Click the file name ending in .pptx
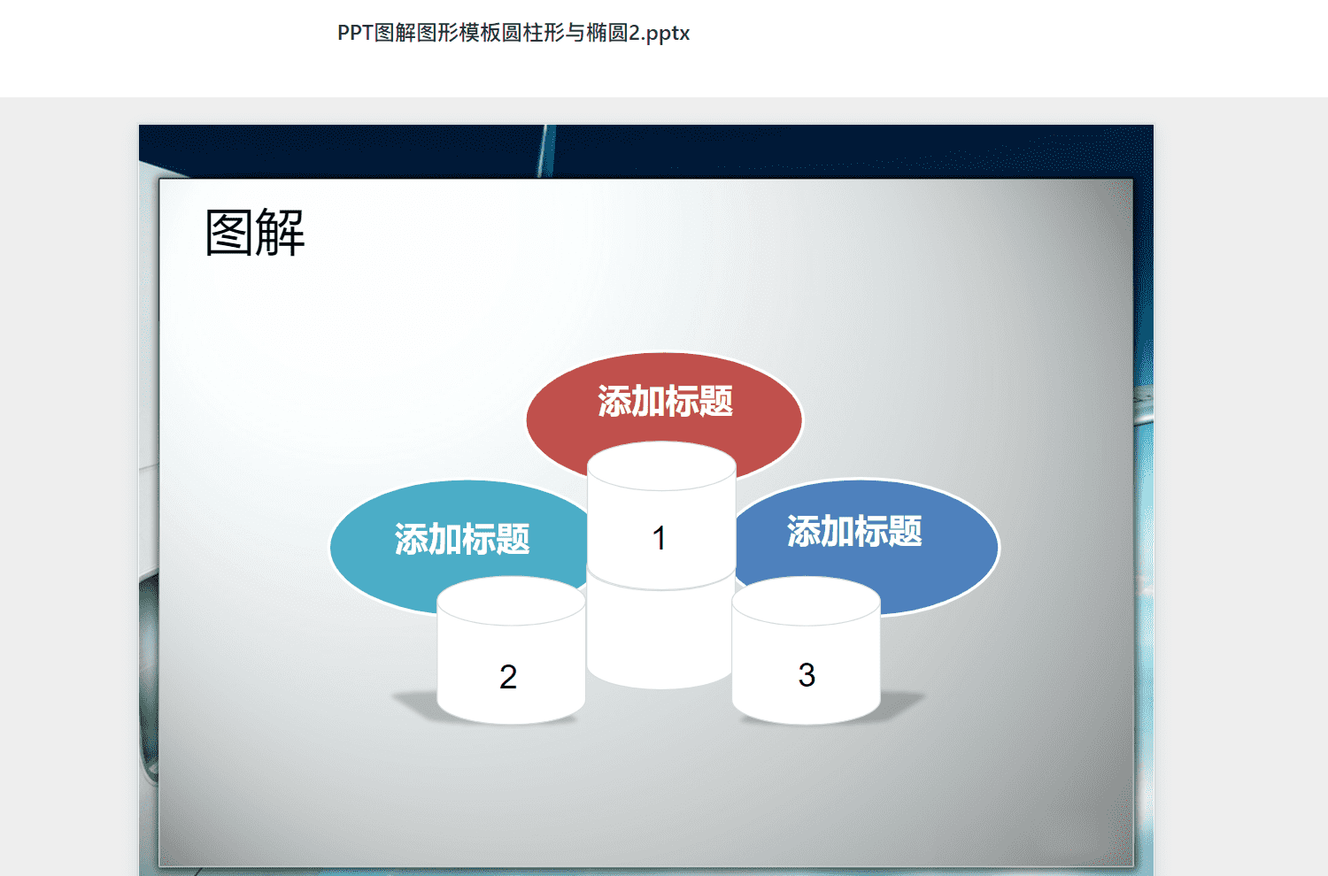tap(513, 33)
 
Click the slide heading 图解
tap(255, 233)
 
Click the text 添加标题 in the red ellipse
tap(665, 401)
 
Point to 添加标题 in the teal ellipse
tap(462, 540)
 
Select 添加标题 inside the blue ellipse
tap(854, 531)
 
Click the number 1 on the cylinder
tap(659, 538)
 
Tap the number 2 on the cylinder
tap(508, 677)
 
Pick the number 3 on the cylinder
tap(807, 675)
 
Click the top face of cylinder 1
tap(661, 465)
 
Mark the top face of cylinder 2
tap(511, 601)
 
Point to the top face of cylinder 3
tap(807, 601)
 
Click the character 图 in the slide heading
tap(229, 233)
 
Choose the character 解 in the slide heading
tap(281, 233)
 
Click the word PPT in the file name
tap(355, 33)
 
